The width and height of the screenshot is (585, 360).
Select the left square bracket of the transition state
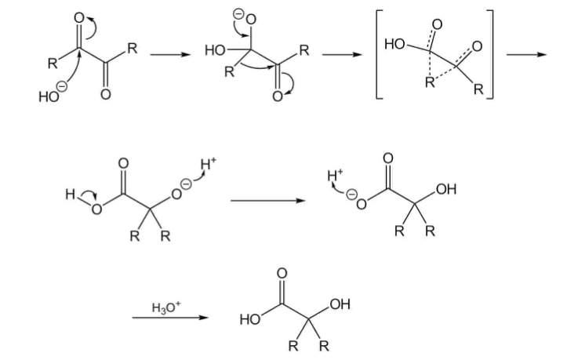click(378, 54)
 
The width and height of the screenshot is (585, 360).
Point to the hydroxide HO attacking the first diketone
click(46, 97)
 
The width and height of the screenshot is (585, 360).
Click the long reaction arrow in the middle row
click(267, 201)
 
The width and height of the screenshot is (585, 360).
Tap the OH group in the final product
click(341, 304)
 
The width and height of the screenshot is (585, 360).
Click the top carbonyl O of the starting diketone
click(78, 16)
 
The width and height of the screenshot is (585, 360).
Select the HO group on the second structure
click(213, 50)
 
